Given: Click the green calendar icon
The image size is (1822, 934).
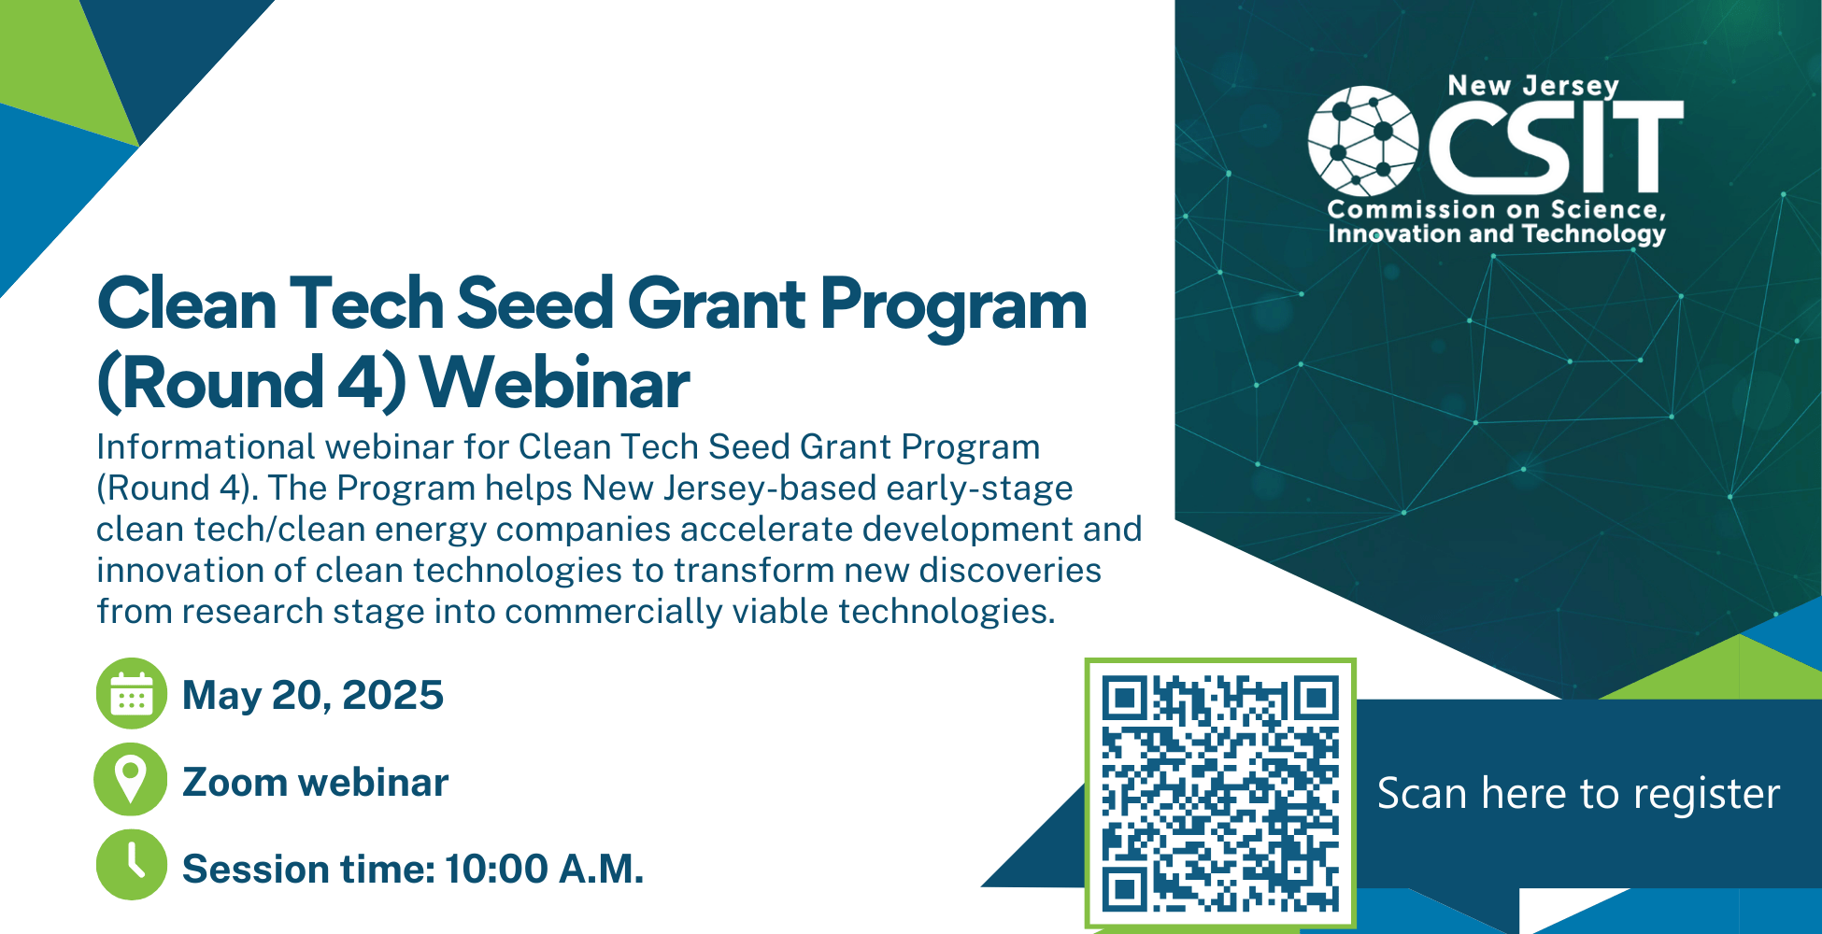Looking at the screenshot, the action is coord(132,694).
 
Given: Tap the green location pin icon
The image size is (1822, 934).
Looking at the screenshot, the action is coord(131,780).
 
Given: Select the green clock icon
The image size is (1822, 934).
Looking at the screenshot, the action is coord(132,865).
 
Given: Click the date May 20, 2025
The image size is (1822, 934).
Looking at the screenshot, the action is coord(313,695).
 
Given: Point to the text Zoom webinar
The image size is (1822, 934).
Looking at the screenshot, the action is coord(316,783).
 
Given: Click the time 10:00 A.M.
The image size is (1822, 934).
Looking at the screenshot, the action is coord(544,870).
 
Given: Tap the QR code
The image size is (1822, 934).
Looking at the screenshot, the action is coord(1220,793).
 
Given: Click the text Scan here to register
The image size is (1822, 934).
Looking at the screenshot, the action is coord(1578,794).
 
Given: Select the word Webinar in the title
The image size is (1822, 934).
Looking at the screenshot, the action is coord(555,383).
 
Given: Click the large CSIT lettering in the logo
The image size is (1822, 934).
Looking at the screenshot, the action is coord(1557,146).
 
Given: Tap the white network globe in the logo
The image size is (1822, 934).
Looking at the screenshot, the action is coord(1363,141).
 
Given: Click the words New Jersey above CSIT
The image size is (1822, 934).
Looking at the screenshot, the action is coord(1533,86).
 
